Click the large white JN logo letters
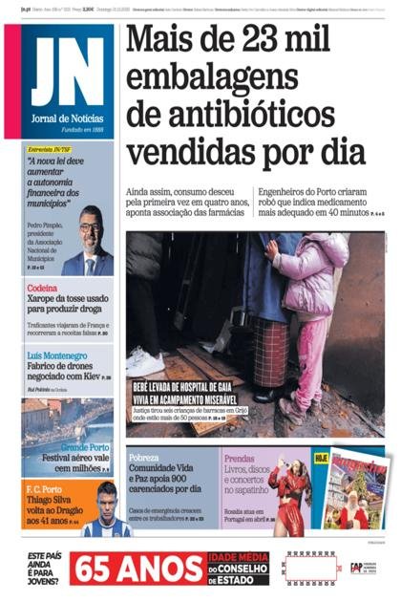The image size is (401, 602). [66, 73]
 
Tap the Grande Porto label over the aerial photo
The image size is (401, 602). [85, 447]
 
